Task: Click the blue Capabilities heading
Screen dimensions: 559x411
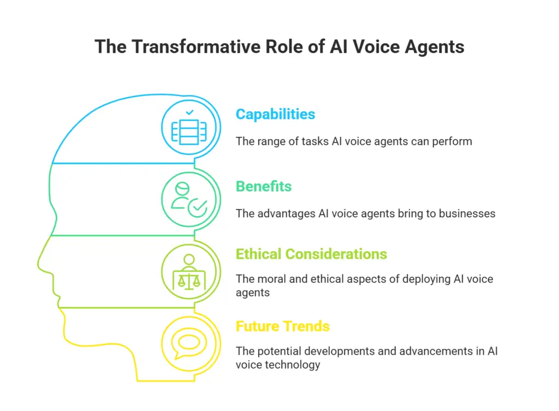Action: pos(275,115)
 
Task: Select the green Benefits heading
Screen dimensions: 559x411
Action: pos(264,187)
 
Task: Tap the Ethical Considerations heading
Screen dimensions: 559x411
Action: pos(311,254)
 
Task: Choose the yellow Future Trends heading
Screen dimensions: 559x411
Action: pos(283,326)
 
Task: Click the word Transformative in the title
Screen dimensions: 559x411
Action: pos(196,47)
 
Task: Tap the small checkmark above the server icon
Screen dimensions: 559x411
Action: pos(189,112)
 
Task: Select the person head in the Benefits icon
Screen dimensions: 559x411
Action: pos(182,189)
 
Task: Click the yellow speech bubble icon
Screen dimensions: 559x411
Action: pos(188,344)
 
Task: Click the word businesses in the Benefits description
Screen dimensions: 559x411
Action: pos(467,213)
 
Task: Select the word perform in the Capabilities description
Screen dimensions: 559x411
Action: pos(452,141)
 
